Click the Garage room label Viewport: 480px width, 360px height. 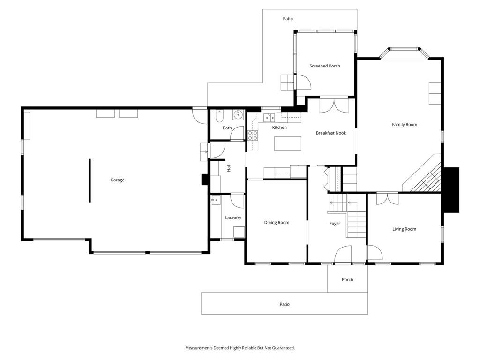click(x=117, y=180)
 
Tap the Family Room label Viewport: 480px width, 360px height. click(x=405, y=125)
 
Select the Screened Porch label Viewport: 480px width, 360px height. click(x=324, y=66)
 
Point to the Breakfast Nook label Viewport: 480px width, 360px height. click(x=331, y=133)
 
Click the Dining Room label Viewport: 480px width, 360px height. click(x=277, y=223)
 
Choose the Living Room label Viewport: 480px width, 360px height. click(x=404, y=229)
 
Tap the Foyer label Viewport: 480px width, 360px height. click(x=335, y=224)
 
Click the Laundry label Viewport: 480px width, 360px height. click(x=233, y=217)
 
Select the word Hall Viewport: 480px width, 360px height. click(x=229, y=168)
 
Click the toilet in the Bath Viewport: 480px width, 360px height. click(x=219, y=116)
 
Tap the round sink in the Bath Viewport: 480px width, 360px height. click(x=238, y=115)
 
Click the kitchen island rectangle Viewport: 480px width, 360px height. click(x=288, y=143)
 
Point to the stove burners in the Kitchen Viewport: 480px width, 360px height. click(x=253, y=135)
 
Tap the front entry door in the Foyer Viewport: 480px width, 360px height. click(x=343, y=255)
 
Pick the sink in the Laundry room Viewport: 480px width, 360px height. click(x=216, y=200)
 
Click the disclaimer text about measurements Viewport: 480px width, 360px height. click(x=240, y=348)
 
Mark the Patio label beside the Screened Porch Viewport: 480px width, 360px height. click(x=288, y=19)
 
